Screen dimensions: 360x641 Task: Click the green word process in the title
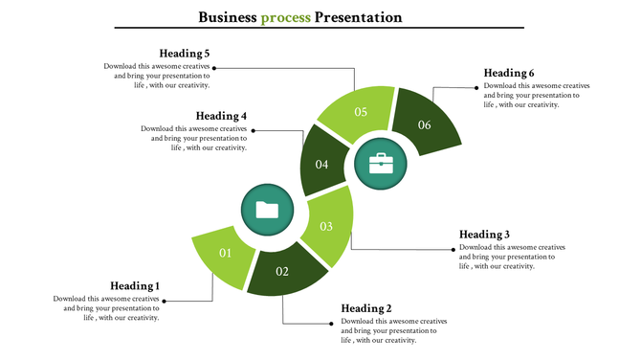point(285,17)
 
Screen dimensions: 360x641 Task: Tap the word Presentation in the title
point(358,17)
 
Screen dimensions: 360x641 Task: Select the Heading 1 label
point(135,285)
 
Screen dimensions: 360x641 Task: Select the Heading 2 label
point(366,308)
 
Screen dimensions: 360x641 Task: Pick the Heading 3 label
point(484,235)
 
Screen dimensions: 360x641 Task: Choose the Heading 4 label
point(222,116)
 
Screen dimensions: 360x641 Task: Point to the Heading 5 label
point(186,54)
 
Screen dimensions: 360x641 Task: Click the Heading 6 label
point(509,73)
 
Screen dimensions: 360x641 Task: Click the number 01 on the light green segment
point(226,253)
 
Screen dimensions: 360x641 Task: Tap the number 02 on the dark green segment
point(282,271)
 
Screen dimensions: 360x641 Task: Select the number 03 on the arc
point(326,226)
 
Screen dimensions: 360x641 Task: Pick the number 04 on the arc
point(322,165)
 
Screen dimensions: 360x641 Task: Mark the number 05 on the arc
point(361,112)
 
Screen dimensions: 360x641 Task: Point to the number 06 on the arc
point(424,124)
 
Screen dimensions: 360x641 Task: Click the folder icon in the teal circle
point(267,211)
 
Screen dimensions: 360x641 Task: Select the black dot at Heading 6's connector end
point(475,88)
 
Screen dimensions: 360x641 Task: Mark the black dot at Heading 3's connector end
point(451,250)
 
